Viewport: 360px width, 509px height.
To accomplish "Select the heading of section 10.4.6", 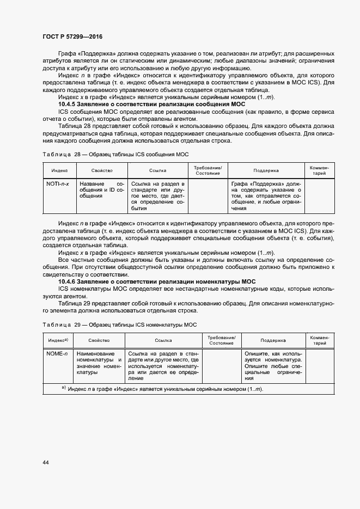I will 157,280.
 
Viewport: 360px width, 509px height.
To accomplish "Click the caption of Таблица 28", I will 115,155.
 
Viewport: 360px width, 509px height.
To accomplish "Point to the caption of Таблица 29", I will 119,324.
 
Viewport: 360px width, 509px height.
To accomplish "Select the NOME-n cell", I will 57,354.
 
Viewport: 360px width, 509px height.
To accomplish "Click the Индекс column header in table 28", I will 59,170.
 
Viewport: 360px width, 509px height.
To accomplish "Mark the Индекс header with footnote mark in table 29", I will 58,340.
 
